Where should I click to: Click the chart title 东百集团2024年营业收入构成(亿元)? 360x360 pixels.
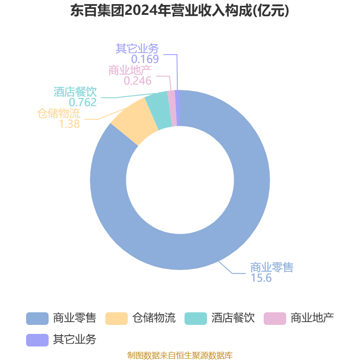[180, 11]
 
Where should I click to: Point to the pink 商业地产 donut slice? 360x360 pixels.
[173, 108]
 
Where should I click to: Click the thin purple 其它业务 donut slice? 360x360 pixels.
[178, 108]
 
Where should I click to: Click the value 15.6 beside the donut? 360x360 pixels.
[261, 278]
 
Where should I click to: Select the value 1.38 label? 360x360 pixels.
[69, 124]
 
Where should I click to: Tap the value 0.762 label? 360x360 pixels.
[83, 103]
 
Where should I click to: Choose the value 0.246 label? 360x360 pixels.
[138, 81]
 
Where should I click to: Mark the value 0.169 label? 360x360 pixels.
[145, 59]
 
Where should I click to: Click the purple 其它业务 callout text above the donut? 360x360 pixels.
[137, 49]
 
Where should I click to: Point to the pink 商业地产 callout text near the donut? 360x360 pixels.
[130, 70]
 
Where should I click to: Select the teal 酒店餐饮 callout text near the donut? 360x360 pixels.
[75, 92]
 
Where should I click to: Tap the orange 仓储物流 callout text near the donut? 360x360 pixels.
[58, 113]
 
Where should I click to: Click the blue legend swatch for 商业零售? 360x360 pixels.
[37, 319]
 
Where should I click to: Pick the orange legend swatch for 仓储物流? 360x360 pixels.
[117, 319]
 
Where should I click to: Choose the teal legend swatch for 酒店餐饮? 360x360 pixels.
[196, 319]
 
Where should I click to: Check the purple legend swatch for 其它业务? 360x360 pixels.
[37, 340]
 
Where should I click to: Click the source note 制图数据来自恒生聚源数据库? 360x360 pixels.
[180, 355]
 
